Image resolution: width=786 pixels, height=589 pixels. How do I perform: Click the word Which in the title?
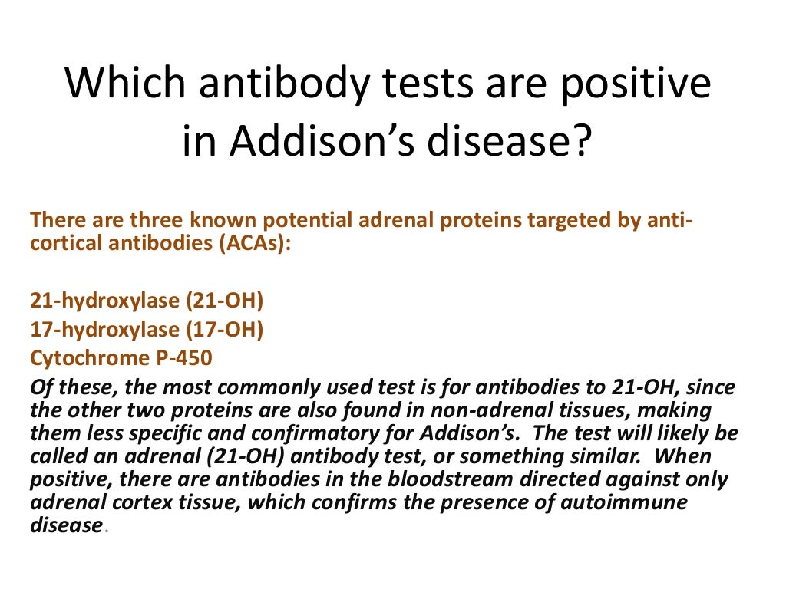point(121,84)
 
